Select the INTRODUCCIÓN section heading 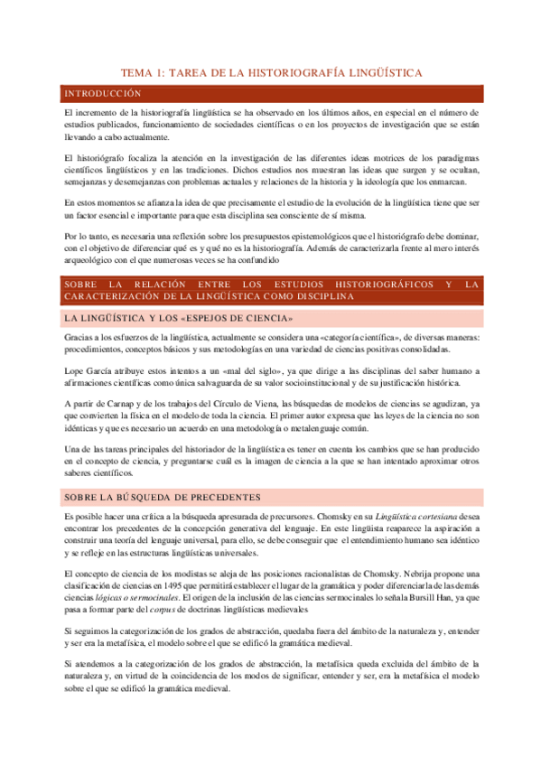[x=99, y=93]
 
